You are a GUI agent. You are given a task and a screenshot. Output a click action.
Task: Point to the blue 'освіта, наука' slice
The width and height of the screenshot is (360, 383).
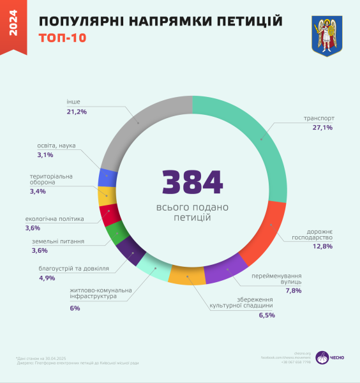click(x=107, y=177)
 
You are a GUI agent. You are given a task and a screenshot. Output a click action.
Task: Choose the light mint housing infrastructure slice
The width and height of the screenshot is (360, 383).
click(x=154, y=268)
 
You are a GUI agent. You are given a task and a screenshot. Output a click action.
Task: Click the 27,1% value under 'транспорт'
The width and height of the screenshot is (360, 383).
click(x=322, y=128)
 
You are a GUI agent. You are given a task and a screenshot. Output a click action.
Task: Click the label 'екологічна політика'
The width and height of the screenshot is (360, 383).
click(x=54, y=219)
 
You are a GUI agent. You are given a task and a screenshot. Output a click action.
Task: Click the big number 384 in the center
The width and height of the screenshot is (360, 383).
click(x=192, y=183)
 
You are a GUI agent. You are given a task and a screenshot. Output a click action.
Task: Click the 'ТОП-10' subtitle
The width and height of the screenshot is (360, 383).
click(x=63, y=38)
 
